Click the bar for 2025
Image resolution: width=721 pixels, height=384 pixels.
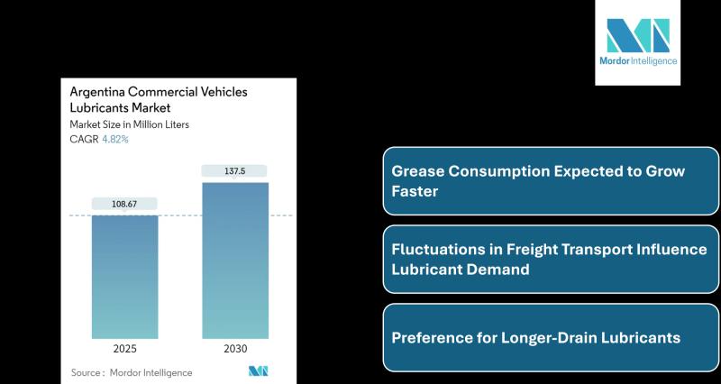[124, 275]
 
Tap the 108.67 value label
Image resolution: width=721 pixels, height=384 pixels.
[124, 204]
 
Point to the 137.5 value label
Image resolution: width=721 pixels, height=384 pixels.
[234, 170]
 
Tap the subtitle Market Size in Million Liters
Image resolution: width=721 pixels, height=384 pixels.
[129, 124]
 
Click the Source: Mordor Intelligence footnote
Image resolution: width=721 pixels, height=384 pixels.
[131, 372]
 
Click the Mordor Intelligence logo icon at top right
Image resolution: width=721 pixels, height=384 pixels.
[637, 35]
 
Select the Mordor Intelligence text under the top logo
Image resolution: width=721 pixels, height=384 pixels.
[637, 61]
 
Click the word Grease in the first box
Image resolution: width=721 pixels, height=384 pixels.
[415, 171]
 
